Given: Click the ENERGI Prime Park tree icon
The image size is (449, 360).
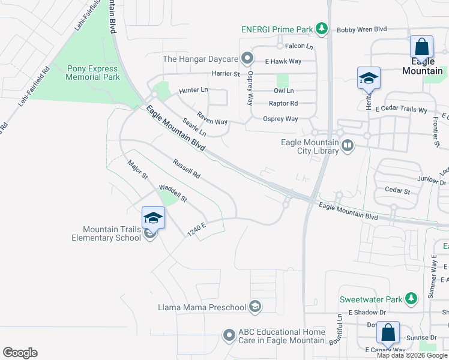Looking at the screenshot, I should pyautogui.click(x=322, y=28).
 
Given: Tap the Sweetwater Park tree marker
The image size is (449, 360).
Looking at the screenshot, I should pyautogui.click(x=411, y=298).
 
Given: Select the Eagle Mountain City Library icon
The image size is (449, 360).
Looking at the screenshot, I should pyautogui.click(x=347, y=146).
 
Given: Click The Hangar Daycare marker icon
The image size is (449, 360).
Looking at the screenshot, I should pyautogui.click(x=247, y=59).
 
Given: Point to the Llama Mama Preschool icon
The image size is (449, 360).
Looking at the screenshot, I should pyautogui.click(x=255, y=307).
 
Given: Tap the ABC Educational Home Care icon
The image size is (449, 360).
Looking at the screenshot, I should pyautogui.click(x=229, y=335).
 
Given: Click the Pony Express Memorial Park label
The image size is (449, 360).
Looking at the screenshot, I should pyautogui.click(x=93, y=73).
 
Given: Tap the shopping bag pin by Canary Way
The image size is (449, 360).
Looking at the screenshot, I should pyautogui.click(x=388, y=333).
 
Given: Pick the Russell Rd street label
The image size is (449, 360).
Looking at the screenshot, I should pyautogui.click(x=185, y=168).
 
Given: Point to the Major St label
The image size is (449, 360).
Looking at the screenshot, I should pyautogui.click(x=137, y=169).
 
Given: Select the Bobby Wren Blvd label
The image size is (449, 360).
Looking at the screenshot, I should pyautogui.click(x=362, y=29).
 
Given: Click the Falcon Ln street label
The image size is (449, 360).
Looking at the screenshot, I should pyautogui.click(x=299, y=46).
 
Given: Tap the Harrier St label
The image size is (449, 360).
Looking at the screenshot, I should pyautogui.click(x=225, y=74).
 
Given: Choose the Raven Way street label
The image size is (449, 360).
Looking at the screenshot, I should pyautogui.click(x=212, y=117).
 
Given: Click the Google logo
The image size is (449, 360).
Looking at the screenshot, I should pyautogui.click(x=20, y=353).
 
